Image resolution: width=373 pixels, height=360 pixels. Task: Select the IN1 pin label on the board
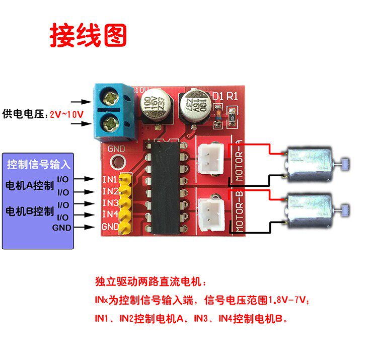[110, 179]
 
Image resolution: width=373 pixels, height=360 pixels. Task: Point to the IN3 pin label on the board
[110, 202]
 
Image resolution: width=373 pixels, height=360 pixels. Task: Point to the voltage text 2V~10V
[66, 114]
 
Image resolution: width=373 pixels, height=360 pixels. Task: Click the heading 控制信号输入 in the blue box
[39, 165]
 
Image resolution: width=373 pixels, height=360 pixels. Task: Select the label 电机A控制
[29, 185]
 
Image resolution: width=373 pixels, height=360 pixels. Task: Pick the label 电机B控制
[29, 210]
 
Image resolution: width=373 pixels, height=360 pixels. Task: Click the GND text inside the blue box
[62, 227]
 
